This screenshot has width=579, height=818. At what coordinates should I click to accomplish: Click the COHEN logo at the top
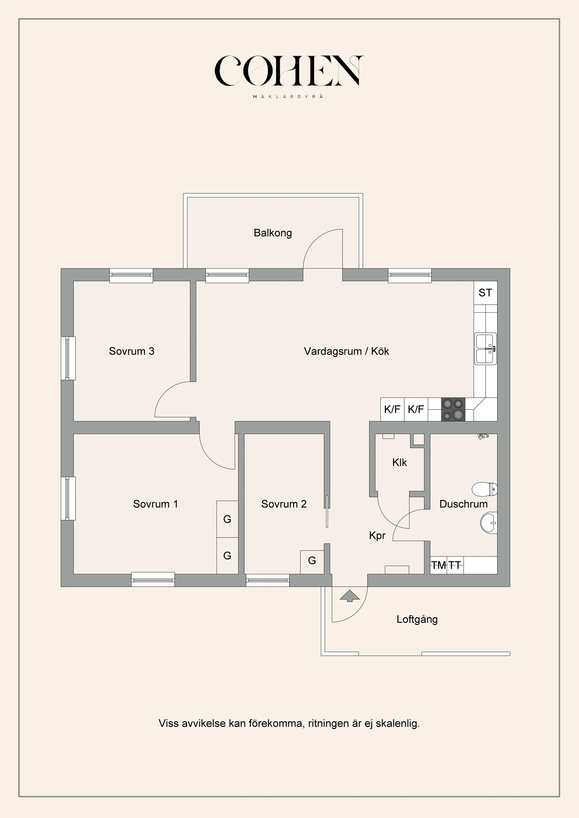coord(289,71)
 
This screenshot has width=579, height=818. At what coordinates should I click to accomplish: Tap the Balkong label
coord(273,233)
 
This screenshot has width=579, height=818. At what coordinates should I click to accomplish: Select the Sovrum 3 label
coord(132,351)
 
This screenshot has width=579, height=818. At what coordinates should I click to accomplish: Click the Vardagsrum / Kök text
coord(346,351)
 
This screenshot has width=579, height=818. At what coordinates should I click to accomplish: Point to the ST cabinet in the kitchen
coord(485,293)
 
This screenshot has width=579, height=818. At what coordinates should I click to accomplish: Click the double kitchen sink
coord(485,349)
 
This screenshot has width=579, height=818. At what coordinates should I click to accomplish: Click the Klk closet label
coord(399,462)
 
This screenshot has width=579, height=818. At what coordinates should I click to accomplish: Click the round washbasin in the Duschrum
coord(488,523)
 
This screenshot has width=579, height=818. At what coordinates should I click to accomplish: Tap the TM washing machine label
coord(439,565)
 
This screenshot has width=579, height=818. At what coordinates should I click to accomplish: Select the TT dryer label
coord(454,565)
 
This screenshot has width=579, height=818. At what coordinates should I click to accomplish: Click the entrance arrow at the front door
coord(350,596)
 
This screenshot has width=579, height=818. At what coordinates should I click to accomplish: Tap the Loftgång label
coord(417,619)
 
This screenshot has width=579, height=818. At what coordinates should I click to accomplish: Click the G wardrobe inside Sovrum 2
coord(312,561)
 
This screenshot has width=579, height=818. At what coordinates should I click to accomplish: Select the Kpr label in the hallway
coord(377,535)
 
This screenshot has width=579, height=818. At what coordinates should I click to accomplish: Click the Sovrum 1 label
coord(155,504)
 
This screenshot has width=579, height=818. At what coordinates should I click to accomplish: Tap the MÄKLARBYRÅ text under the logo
coord(288,96)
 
